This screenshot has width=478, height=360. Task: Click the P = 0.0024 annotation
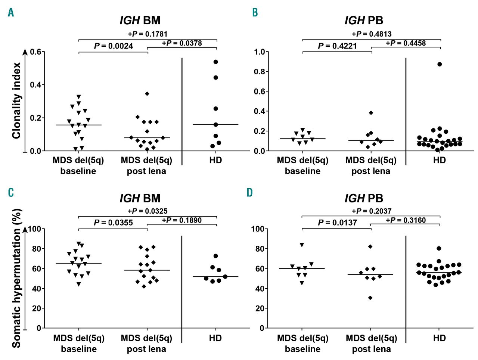[x=113, y=46]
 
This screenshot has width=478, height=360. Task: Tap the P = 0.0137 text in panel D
[x=337, y=223]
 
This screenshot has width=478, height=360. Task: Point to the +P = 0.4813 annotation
[x=372, y=34]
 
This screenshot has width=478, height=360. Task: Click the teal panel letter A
[x=11, y=13]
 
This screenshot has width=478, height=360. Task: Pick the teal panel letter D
[x=249, y=193]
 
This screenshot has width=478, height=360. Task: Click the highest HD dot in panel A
[x=215, y=62]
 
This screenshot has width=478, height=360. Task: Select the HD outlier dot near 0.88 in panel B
[x=440, y=64]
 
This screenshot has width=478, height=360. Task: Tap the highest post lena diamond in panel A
[x=147, y=94]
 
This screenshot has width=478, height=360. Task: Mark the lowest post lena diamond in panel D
[x=370, y=298]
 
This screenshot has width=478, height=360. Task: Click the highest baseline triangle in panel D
[x=302, y=245]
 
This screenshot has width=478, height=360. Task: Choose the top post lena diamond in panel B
[x=371, y=113]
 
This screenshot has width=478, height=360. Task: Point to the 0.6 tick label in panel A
[x=35, y=52]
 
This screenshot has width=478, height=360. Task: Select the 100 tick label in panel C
[x=34, y=229]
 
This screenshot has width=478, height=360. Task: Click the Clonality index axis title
[x=16, y=101]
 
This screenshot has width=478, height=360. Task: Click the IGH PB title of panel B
[x=364, y=21]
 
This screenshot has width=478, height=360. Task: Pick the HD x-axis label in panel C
[x=215, y=338]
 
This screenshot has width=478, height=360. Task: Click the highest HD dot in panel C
[x=215, y=256]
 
